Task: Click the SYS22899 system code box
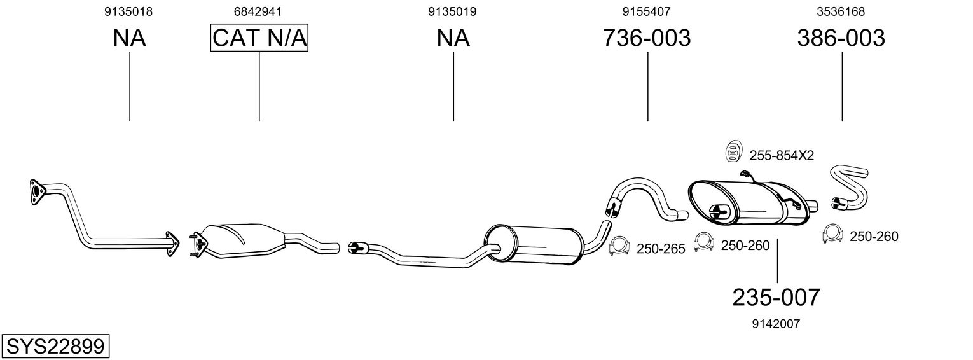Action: pos(55,347)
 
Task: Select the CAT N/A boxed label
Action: pos(259,38)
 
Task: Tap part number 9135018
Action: pos(129,11)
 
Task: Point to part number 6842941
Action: pos(258,11)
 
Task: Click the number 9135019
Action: pos(453,11)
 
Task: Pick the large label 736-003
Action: pos(647,38)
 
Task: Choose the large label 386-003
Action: pos(841,38)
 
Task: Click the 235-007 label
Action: pos(776,297)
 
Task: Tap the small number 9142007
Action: pos(776,324)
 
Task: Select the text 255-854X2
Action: pos(782,155)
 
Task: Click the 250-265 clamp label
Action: pos(661,249)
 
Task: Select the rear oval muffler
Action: pos(744,202)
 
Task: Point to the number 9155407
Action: pos(647,11)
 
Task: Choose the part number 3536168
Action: pos(841,11)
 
